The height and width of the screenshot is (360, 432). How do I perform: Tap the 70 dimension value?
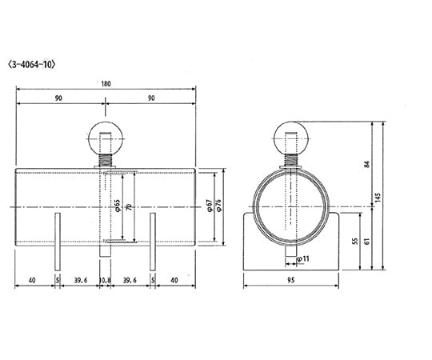128,207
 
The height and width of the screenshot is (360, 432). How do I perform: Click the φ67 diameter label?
209,207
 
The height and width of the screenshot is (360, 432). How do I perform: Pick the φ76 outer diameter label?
218,207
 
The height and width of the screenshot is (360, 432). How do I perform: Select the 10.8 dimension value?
105,280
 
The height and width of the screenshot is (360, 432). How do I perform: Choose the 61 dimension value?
367,238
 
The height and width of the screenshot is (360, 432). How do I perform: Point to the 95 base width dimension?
291,280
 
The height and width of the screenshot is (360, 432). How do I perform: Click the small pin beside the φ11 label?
289,254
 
